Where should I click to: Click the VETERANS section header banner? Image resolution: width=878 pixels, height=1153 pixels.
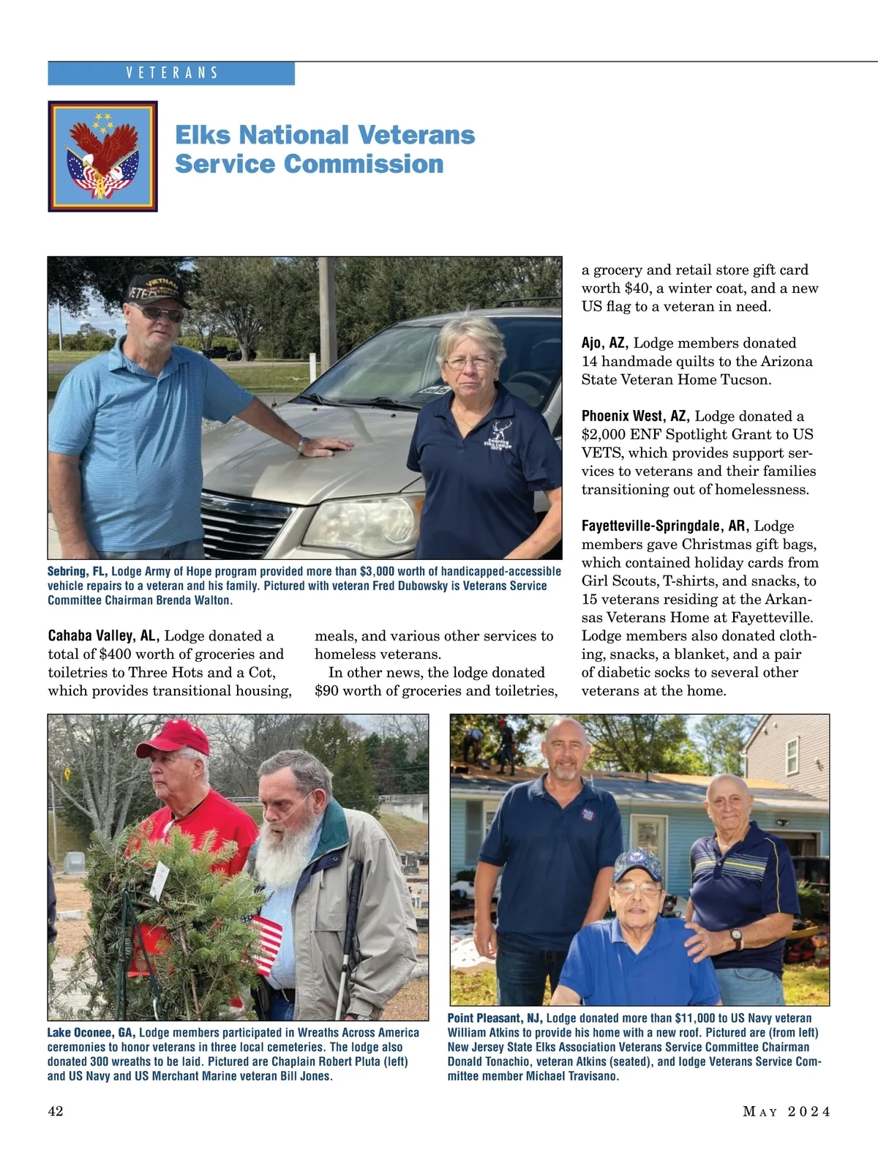click(x=171, y=73)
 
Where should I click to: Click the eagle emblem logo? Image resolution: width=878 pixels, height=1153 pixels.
click(x=102, y=156)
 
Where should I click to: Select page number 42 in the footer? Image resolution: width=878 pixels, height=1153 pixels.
click(x=56, y=1111)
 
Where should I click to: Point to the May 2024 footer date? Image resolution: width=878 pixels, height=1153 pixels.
click(x=787, y=1112)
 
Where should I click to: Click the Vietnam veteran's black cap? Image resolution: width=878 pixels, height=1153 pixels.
click(x=157, y=290)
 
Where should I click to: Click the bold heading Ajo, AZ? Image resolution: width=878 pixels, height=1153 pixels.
click(x=604, y=343)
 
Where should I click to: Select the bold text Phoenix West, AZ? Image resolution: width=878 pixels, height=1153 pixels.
click(x=635, y=417)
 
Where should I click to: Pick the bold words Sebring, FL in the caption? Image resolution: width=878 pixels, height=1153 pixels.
click(x=78, y=572)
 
